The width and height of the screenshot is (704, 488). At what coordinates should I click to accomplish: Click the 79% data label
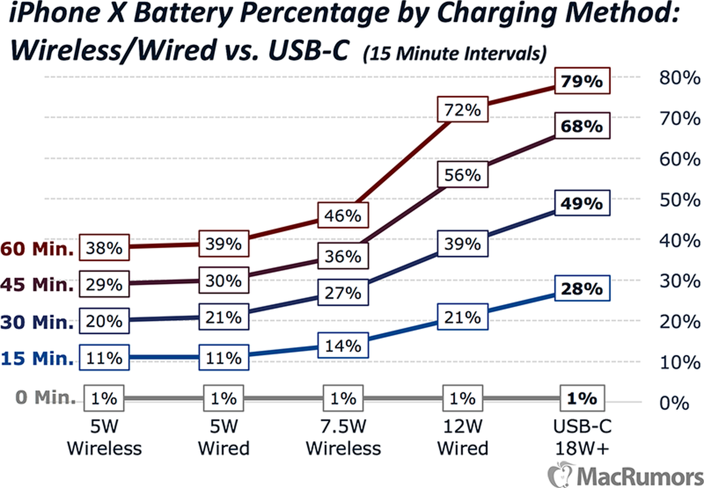tap(582, 81)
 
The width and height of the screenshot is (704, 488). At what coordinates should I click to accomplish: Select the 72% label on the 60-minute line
tap(462, 110)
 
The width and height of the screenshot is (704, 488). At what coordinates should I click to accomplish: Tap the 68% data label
tap(582, 127)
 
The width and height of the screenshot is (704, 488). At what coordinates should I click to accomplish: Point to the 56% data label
tap(462, 175)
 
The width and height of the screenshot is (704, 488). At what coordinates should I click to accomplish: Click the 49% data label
tap(582, 204)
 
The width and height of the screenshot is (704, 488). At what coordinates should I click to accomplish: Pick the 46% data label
tap(343, 216)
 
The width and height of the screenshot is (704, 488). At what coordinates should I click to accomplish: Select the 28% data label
tap(582, 289)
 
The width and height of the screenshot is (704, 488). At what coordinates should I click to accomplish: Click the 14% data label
tap(343, 346)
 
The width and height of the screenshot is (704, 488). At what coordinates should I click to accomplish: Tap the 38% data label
tap(104, 248)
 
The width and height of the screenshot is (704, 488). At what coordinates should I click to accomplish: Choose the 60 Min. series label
tap(37, 249)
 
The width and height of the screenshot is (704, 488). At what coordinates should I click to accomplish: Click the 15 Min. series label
tap(37, 359)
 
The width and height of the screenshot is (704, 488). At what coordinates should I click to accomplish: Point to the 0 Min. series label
tap(45, 397)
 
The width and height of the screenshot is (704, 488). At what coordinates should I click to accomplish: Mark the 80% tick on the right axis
tap(679, 78)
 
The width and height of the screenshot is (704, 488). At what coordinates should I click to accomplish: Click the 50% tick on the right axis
tap(679, 200)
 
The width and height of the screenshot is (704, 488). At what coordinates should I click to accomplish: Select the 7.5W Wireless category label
tap(343, 437)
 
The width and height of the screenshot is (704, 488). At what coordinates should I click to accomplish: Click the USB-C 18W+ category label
tap(582, 437)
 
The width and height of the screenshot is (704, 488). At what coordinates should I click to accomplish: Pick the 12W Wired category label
tap(462, 437)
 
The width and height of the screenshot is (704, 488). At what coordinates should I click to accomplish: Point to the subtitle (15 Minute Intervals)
tap(455, 54)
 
